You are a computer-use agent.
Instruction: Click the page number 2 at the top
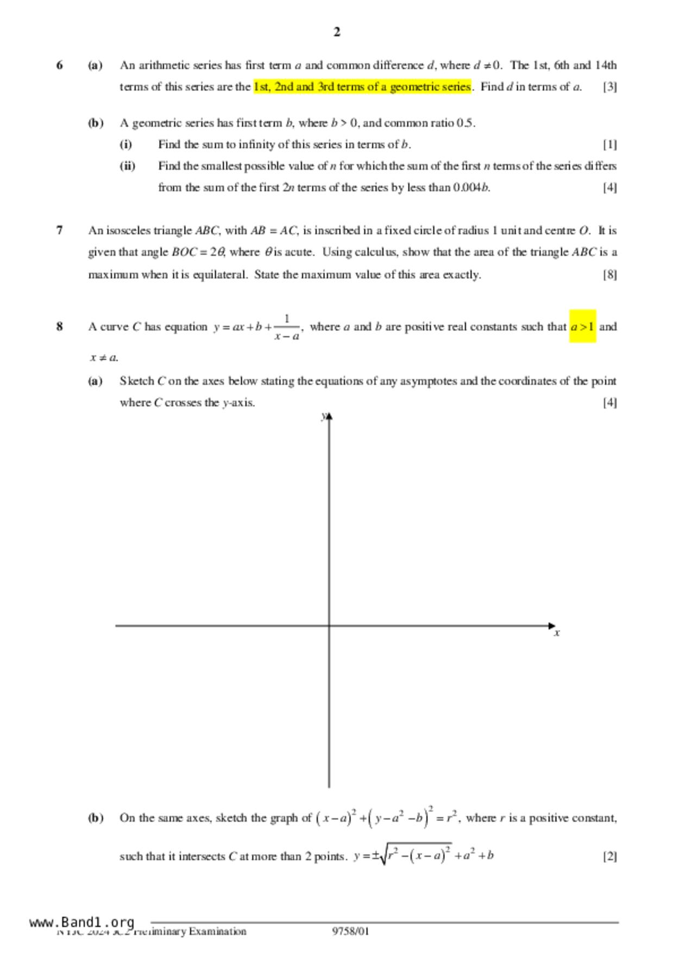point(337,32)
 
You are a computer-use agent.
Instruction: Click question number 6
point(59,65)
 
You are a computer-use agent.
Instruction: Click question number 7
point(59,230)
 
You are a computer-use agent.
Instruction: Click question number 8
point(59,327)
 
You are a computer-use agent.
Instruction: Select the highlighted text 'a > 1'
point(582,327)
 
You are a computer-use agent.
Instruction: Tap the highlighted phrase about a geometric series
point(362,87)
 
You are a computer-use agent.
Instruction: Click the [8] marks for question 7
point(610,274)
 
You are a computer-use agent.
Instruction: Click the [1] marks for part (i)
point(610,145)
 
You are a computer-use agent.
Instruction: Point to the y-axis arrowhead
point(329,417)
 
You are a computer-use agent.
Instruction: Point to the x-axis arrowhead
point(552,626)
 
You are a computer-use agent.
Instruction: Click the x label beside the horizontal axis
point(557,633)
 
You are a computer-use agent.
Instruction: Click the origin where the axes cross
point(329,626)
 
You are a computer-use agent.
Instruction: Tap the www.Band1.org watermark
point(82,922)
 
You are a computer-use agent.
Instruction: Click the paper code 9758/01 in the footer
point(350,931)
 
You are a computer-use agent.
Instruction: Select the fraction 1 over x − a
point(287,327)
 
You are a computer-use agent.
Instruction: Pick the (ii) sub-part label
point(127,166)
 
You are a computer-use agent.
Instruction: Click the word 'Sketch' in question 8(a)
point(137,381)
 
